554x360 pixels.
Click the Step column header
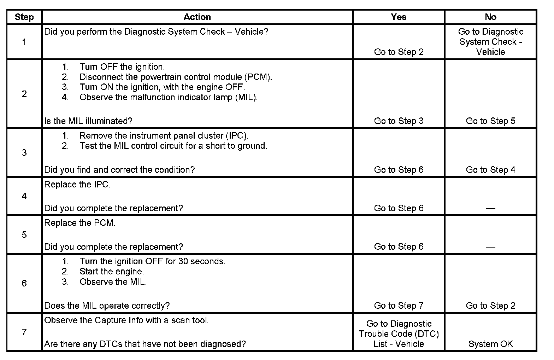click(x=24, y=17)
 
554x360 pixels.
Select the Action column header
click(x=197, y=17)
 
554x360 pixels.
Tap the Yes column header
click(x=399, y=17)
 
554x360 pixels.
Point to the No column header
click(x=490, y=17)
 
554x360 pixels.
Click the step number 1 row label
click(x=24, y=42)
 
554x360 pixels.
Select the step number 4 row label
click(x=24, y=196)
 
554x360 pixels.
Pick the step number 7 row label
click(x=24, y=332)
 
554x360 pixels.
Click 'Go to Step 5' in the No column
click(x=490, y=121)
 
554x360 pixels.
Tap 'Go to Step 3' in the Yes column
click(x=399, y=121)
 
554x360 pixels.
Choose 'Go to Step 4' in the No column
click(x=490, y=170)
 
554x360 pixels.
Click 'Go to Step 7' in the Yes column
click(x=399, y=306)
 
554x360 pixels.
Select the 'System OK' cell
click(x=490, y=344)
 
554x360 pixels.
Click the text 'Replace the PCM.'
click(x=80, y=223)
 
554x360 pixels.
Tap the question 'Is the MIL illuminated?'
click(x=88, y=121)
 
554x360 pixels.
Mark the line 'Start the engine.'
click(x=112, y=272)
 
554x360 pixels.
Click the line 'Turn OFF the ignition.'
click(x=122, y=67)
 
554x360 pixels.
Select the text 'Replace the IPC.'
click(x=77, y=185)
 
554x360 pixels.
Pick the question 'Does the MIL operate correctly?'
click(x=107, y=306)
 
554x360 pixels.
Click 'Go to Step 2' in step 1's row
click(x=399, y=52)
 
